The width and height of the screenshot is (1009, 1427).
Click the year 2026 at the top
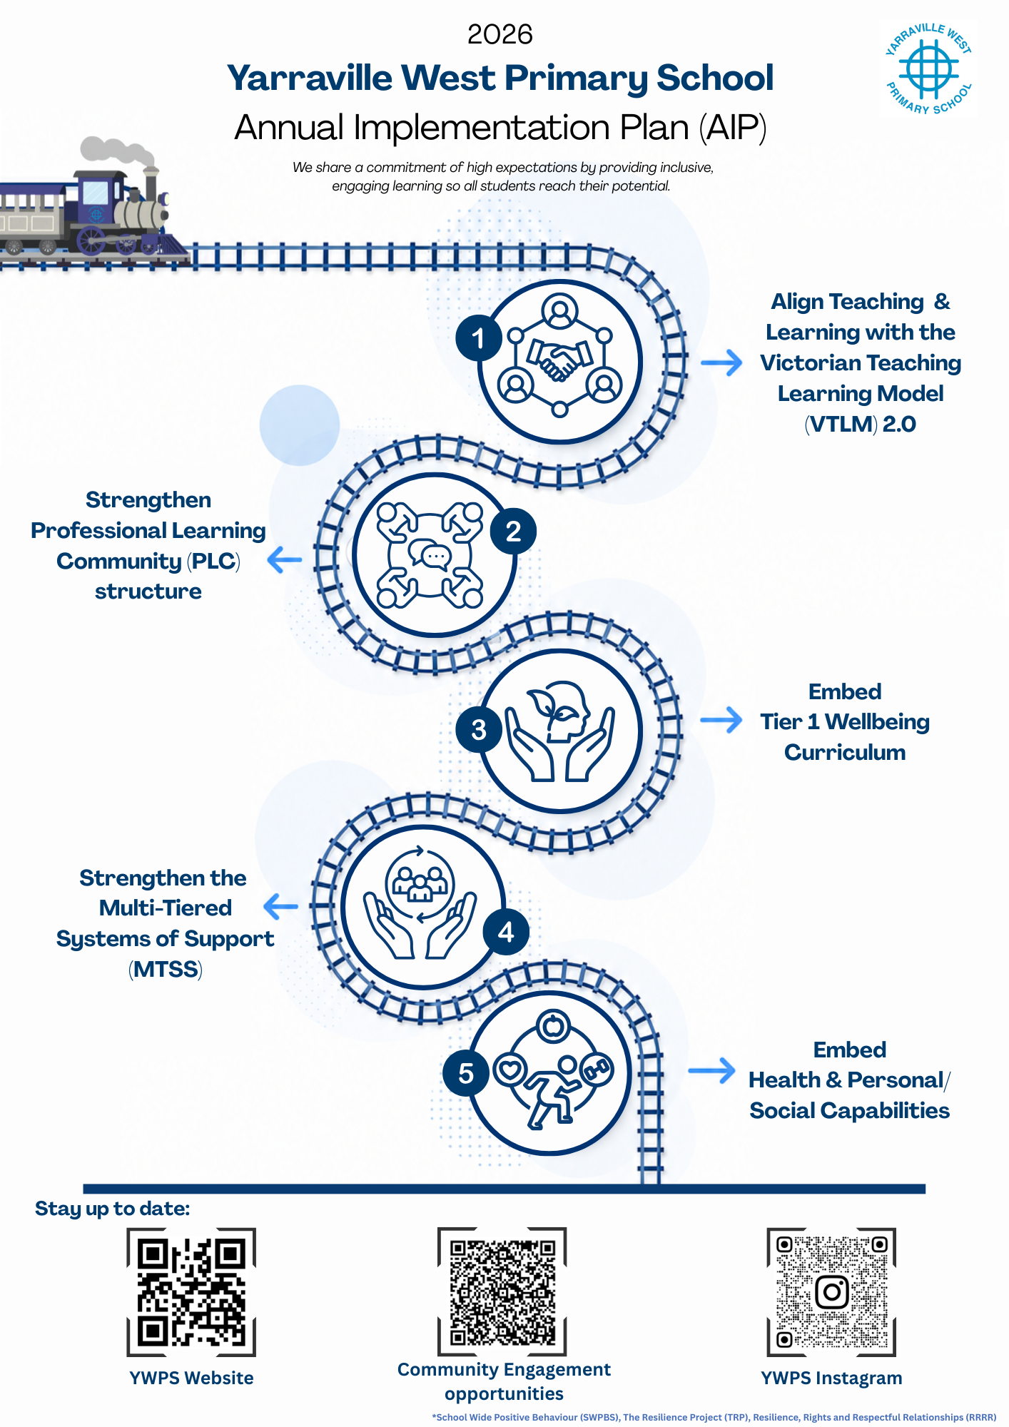pyautogui.click(x=500, y=34)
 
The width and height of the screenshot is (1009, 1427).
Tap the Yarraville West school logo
pyautogui.click(x=928, y=69)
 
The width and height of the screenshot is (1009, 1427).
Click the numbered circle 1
pyautogui.click(x=479, y=338)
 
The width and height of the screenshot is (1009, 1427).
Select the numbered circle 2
pyautogui.click(x=513, y=532)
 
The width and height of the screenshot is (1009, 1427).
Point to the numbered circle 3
pyautogui.click(x=479, y=729)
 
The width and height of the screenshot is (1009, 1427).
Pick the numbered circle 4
pyautogui.click(x=506, y=932)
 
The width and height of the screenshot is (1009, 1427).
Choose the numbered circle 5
pyautogui.click(x=466, y=1073)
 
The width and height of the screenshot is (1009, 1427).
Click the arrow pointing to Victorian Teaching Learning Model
pyautogui.click(x=721, y=362)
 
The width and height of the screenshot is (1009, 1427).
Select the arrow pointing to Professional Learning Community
pyautogui.click(x=285, y=559)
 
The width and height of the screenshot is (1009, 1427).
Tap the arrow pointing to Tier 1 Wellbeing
pyautogui.click(x=721, y=720)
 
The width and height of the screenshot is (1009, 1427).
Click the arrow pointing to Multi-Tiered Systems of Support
pyautogui.click(x=280, y=907)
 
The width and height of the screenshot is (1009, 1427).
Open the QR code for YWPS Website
pyautogui.click(x=191, y=1292)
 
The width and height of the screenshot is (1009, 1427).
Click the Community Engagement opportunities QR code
pyautogui.click(x=502, y=1291)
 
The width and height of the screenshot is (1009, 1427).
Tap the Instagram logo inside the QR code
pyautogui.click(x=831, y=1292)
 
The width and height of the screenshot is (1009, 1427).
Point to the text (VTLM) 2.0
pyautogui.click(x=860, y=425)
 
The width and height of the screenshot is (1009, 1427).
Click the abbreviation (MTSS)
pyautogui.click(x=166, y=970)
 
